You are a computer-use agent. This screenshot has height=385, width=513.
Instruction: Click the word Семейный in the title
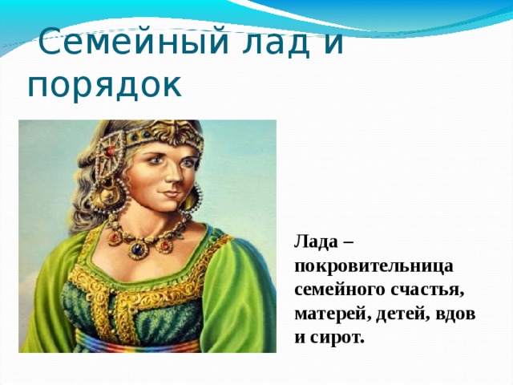click(x=124, y=41)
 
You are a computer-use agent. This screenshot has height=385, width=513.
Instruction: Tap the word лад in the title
click(x=269, y=41)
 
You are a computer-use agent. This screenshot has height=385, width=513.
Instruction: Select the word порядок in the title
click(x=105, y=84)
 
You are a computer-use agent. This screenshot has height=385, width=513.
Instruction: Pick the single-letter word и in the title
click(x=334, y=41)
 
